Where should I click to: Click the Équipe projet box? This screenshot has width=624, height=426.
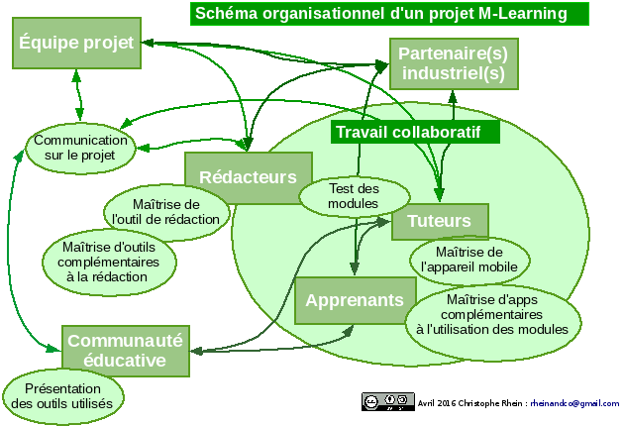(75, 46)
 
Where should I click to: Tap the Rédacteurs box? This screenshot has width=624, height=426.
(248, 177)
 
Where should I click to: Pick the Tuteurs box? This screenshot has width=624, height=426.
(440, 221)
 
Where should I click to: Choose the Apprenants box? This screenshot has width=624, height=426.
(354, 300)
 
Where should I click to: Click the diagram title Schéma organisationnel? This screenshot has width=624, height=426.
(388, 13)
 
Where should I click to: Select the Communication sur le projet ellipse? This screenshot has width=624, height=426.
(79, 148)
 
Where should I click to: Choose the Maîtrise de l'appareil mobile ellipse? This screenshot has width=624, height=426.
(468, 260)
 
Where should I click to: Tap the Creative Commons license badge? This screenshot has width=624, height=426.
(387, 402)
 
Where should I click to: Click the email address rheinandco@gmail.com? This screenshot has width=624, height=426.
(574, 404)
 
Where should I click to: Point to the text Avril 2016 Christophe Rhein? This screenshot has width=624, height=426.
(469, 404)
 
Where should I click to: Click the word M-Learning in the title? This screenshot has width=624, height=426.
(523, 13)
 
